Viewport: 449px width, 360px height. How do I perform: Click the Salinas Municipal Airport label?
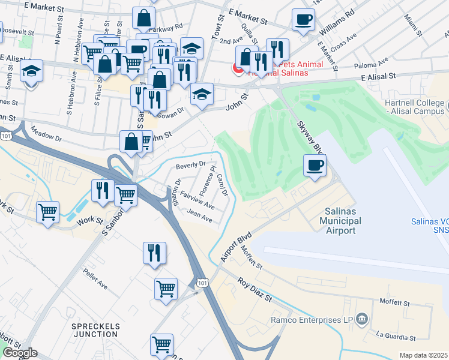343,221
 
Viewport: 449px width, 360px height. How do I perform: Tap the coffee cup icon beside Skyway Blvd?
315,166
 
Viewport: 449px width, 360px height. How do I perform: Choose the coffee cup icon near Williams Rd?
304,19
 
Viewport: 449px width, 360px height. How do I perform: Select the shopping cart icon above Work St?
47,211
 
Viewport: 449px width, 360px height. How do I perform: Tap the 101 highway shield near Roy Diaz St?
202,283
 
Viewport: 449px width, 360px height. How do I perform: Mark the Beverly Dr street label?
191,164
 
